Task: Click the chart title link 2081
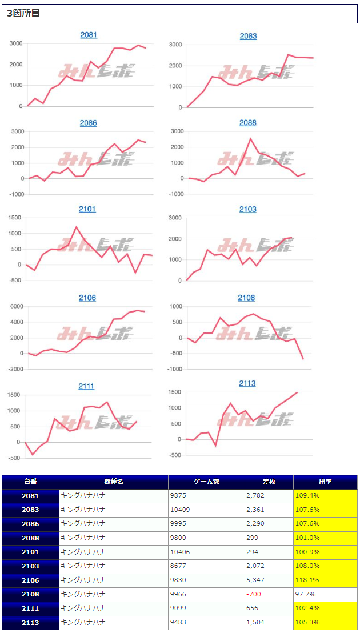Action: pos(89,35)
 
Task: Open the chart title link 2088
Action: pos(248,123)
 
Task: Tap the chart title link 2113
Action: pos(247,383)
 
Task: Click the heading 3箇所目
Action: pos(23,14)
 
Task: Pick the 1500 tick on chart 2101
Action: pos(14,218)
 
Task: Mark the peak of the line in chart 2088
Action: pos(250,138)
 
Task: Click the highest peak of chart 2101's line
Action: pos(77,227)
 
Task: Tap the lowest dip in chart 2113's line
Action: pos(216,445)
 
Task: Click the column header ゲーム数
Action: pos(206,482)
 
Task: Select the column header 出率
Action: pos(325,482)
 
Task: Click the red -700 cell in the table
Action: pos(254,594)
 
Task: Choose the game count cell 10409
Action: pos(181,510)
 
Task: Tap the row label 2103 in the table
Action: pos(31,566)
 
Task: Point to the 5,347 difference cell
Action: pos(257,580)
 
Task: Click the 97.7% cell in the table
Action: pos(304,594)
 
